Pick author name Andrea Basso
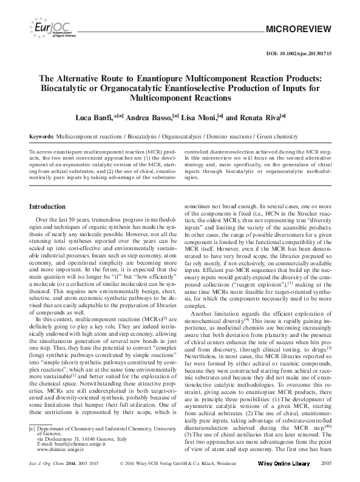[x=148, y=117]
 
